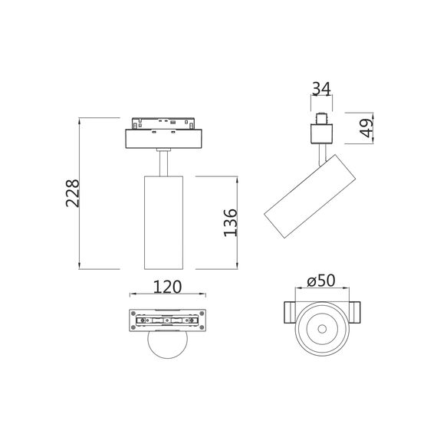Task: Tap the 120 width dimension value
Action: pyautogui.click(x=168, y=287)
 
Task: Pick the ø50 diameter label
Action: pyautogui.click(x=322, y=281)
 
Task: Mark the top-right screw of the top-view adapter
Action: pyautogui.click(x=202, y=313)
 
